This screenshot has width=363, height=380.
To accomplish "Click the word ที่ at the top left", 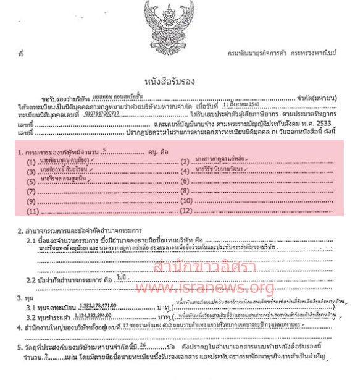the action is [22, 54].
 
